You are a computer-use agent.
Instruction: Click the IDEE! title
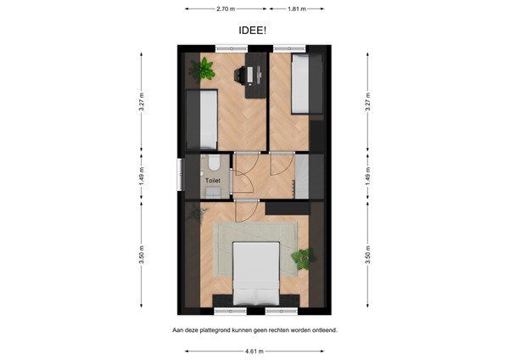tap(255, 30)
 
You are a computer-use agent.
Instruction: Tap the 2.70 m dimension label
tap(225, 8)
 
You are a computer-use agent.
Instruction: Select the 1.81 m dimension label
tap(296, 8)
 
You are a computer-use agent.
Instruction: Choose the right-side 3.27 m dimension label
tap(367, 102)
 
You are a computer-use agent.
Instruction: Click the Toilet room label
tap(212, 181)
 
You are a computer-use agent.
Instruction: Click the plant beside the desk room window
tap(205, 70)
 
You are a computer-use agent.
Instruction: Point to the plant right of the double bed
tap(303, 257)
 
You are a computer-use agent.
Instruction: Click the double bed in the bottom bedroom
tap(255, 272)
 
